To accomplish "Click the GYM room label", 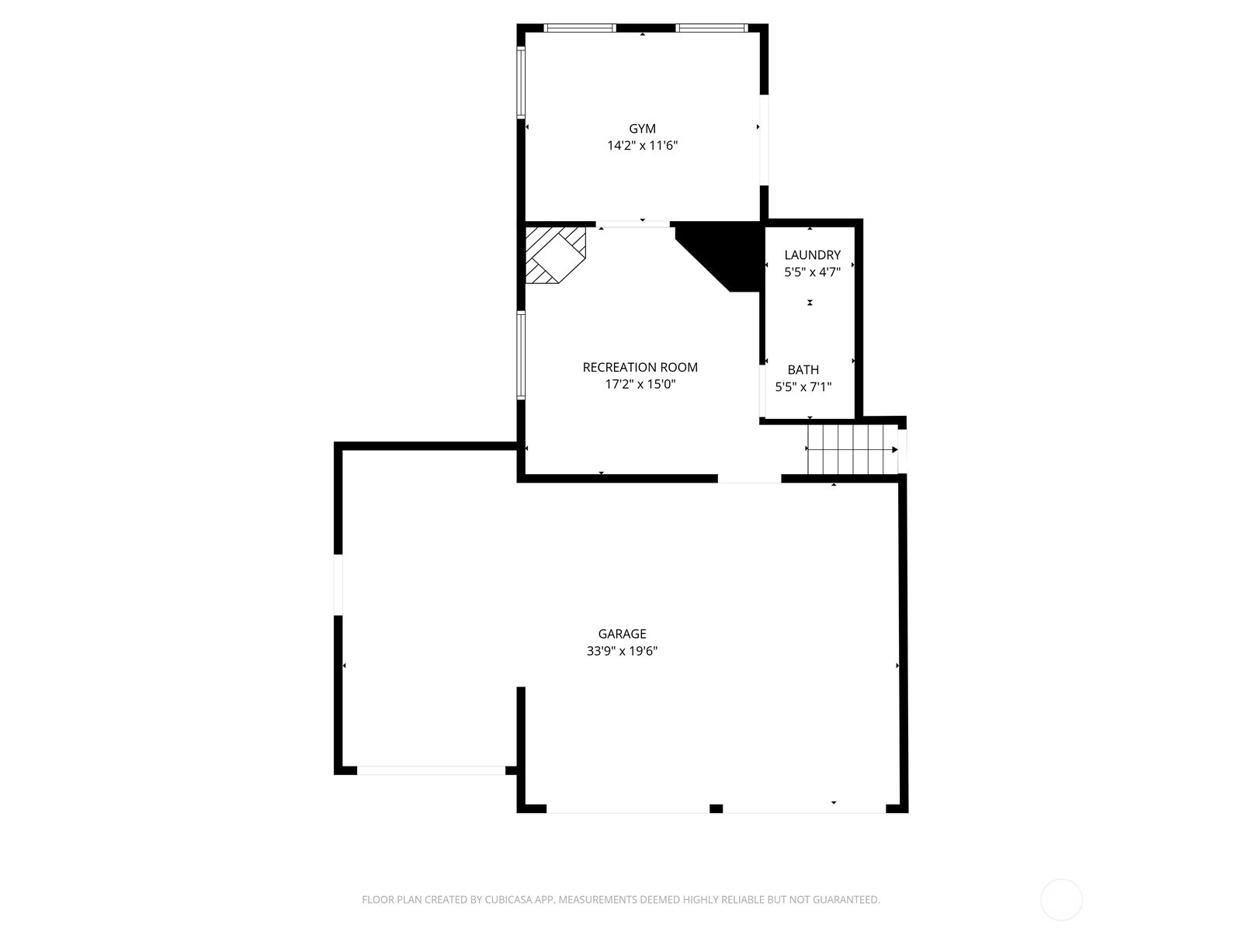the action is [x=642, y=129].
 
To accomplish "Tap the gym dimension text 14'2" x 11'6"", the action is [x=642, y=146].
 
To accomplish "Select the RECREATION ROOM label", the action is [x=640, y=368].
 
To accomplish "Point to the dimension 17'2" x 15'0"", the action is [x=640, y=384].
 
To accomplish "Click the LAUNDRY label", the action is [x=812, y=255].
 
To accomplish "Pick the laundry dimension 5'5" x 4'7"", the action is [x=812, y=272].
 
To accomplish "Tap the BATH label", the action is [x=803, y=370].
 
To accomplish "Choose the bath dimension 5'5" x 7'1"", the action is [x=803, y=386].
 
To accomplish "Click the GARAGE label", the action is [x=622, y=634].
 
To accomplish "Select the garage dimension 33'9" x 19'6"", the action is [x=622, y=651].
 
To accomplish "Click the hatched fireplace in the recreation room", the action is [x=555, y=255].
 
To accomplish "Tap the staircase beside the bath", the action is [x=852, y=449].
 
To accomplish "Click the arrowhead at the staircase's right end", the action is [x=895, y=450].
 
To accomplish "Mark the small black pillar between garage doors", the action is [x=716, y=808].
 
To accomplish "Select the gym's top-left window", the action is [x=579, y=28].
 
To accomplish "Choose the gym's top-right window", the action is [x=711, y=28].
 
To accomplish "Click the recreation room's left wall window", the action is [x=521, y=355].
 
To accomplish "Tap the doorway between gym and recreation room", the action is [x=633, y=224].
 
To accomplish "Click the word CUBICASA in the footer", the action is [x=508, y=899].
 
